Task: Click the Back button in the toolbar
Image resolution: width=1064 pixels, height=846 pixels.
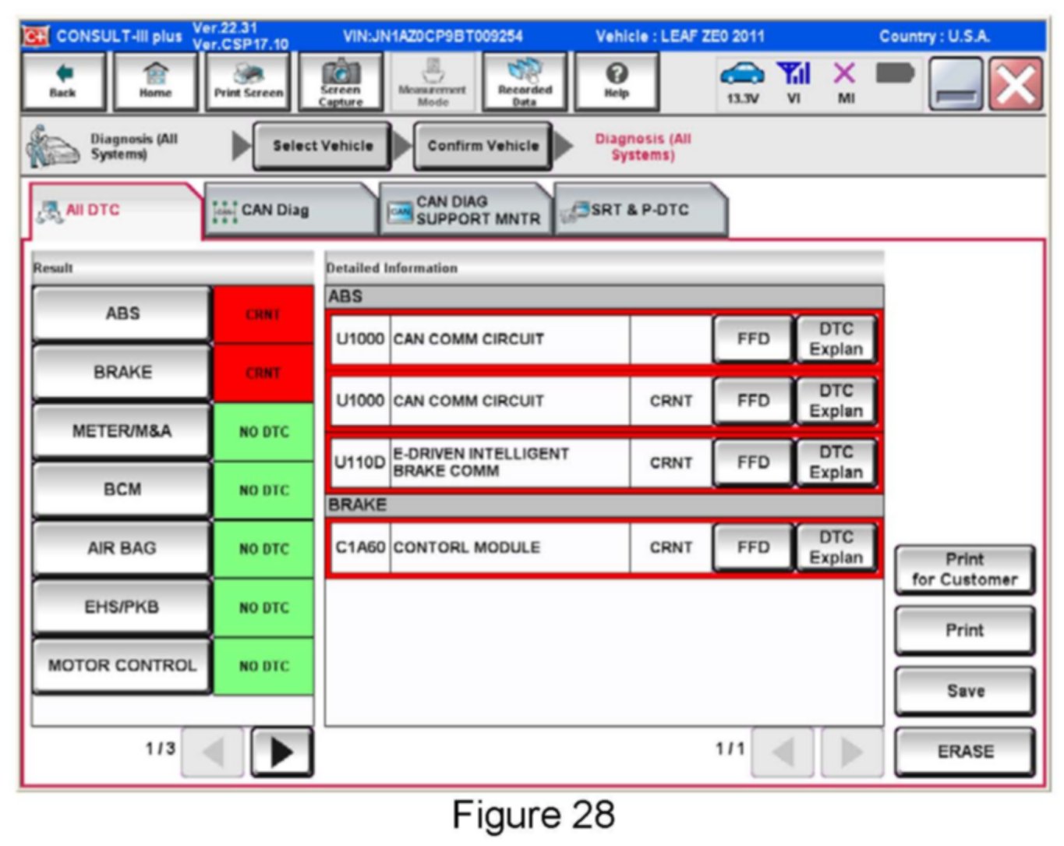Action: click(x=62, y=82)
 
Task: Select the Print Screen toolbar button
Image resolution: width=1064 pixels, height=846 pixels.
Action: click(x=248, y=82)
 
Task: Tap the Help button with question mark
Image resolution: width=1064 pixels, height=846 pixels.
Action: click(x=616, y=82)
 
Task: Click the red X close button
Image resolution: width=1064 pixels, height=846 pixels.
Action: click(x=1016, y=84)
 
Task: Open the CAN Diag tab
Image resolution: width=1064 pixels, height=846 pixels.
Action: click(x=288, y=210)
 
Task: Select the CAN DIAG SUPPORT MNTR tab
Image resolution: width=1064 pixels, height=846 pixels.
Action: click(x=465, y=210)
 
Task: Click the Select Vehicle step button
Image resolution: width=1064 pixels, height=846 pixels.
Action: click(x=322, y=146)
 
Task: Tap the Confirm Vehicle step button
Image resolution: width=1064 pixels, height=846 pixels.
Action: click(x=483, y=146)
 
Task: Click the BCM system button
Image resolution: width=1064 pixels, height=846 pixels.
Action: click(x=122, y=490)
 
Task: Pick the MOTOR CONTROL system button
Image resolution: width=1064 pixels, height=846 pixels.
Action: click(x=122, y=665)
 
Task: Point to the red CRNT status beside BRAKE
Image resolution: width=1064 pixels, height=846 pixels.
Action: click(x=263, y=373)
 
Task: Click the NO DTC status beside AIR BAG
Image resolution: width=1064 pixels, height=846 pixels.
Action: click(x=263, y=549)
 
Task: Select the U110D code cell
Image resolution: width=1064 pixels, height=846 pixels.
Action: click(x=359, y=462)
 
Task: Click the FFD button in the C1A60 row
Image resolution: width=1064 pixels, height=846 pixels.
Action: click(x=752, y=547)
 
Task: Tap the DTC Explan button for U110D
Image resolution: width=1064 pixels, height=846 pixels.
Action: click(x=836, y=462)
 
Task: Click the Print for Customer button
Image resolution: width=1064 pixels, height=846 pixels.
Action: click(x=964, y=569)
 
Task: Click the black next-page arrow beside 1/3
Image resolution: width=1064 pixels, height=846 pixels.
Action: click(x=281, y=752)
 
